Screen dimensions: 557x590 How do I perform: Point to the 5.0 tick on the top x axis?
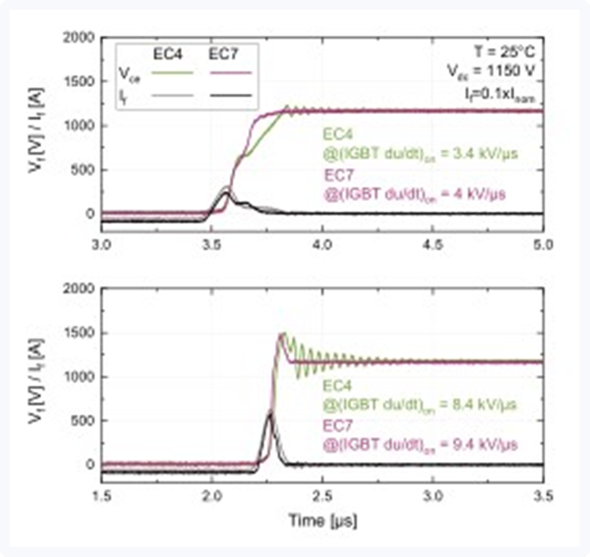[x=542, y=242]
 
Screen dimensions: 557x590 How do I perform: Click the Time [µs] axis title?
[x=321, y=520]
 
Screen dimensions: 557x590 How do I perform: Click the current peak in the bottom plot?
[x=269, y=413]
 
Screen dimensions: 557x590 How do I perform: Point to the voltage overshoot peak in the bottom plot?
[x=281, y=334]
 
